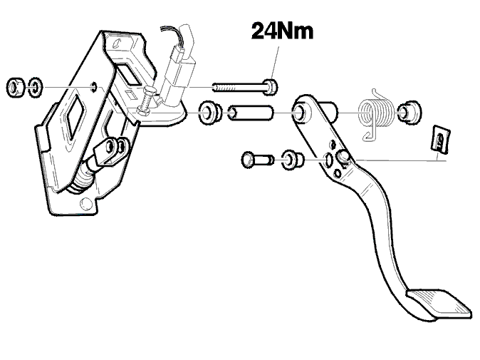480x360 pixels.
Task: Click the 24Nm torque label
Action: coord(282,31)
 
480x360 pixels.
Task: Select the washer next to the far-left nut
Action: coord(36,88)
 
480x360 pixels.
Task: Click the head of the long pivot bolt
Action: coord(271,86)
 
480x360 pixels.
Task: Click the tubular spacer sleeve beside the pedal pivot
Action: coord(251,113)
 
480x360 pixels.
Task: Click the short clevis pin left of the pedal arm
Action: coord(258,160)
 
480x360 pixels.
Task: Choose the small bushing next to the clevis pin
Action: coord(292,160)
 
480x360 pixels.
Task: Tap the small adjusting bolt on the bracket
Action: coord(146,101)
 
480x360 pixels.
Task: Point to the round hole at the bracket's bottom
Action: coord(85,203)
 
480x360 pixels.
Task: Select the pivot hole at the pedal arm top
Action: coord(299,112)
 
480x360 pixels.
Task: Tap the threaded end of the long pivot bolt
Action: coord(224,88)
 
